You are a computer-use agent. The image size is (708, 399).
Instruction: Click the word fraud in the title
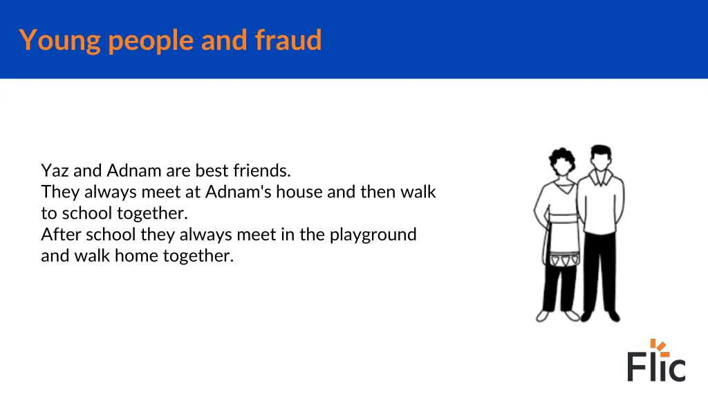click(288, 40)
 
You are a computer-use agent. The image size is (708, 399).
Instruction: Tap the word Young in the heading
click(61, 40)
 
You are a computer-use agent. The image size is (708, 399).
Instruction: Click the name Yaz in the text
click(53, 170)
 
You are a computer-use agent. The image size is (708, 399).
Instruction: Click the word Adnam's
click(239, 192)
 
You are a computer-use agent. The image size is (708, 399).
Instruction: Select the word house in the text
click(300, 192)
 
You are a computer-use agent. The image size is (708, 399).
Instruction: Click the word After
click(61, 234)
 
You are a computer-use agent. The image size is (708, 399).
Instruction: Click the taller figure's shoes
click(600, 316)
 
